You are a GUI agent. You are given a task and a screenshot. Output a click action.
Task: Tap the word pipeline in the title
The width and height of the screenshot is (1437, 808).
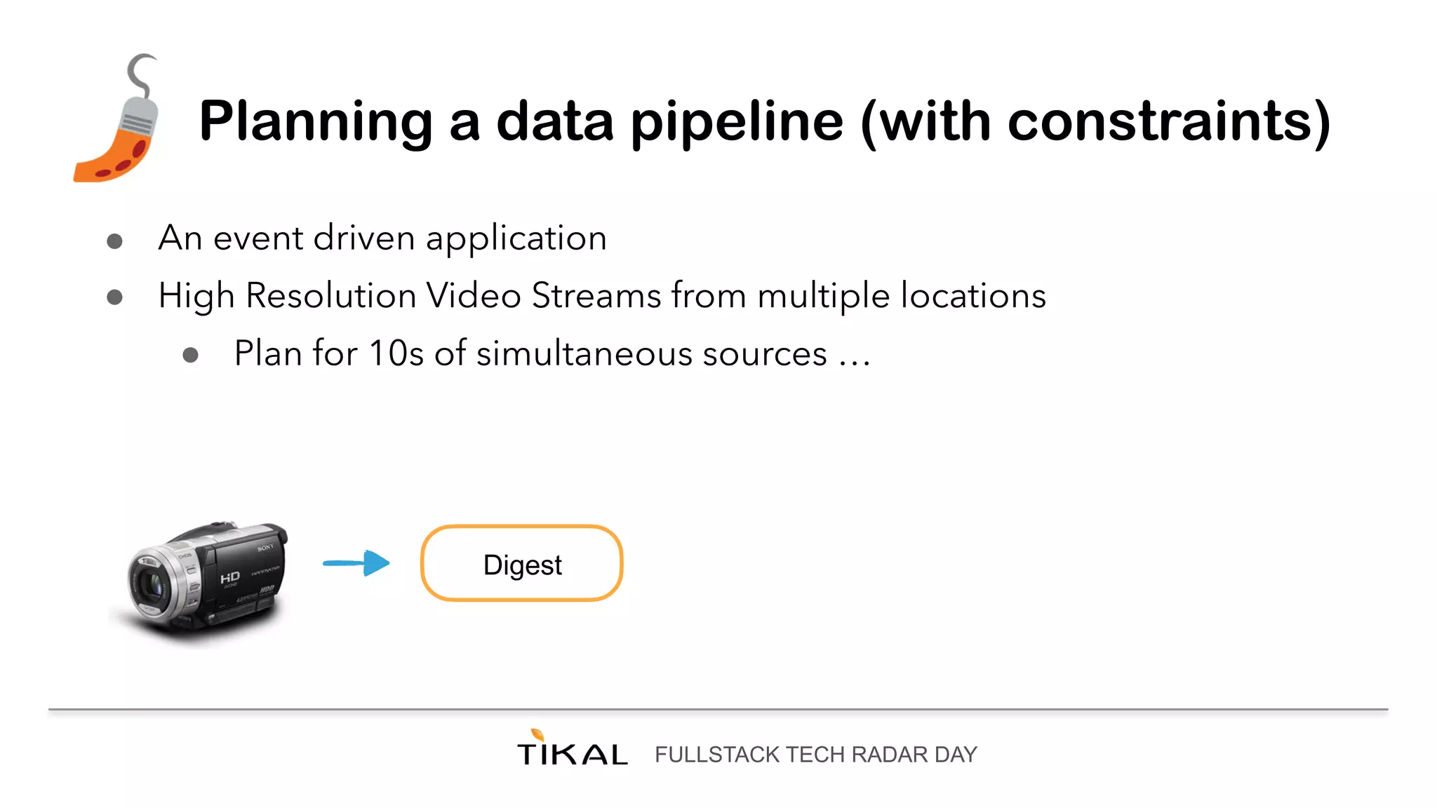click(737, 123)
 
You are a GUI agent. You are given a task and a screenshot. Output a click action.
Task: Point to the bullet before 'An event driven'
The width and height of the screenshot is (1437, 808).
click(114, 241)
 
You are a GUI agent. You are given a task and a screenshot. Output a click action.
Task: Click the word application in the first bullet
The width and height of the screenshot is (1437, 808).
click(516, 238)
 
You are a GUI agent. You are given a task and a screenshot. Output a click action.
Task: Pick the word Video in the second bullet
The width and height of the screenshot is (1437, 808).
click(474, 295)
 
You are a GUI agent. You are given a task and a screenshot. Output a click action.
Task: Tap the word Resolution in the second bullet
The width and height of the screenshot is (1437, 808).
click(330, 295)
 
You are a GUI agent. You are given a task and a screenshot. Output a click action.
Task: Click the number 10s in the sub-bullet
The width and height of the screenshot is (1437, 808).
click(396, 353)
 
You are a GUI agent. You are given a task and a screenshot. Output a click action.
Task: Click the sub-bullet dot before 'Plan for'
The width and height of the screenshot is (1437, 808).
click(190, 355)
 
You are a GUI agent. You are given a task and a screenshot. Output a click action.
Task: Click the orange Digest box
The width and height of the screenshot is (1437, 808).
click(522, 563)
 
